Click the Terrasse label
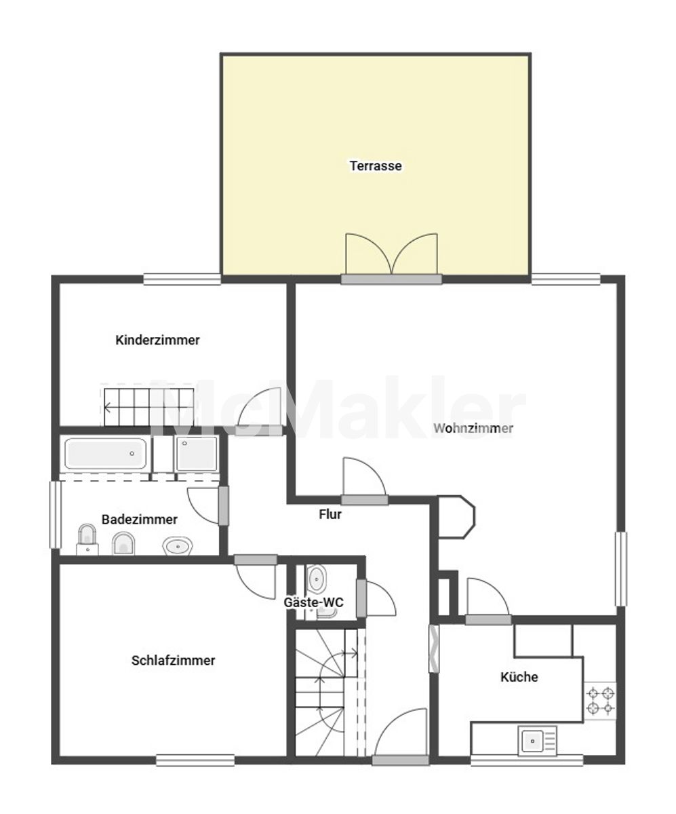(376, 166)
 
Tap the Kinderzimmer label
(157, 340)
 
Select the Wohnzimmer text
(473, 429)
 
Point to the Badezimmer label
(140, 520)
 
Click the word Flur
(330, 514)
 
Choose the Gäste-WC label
(313, 602)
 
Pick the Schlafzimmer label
(173, 661)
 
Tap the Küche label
(519, 677)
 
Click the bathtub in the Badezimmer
(106, 454)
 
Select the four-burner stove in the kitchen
(600, 700)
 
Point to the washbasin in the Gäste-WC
(316, 578)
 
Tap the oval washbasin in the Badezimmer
(178, 546)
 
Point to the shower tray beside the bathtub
(197, 453)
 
